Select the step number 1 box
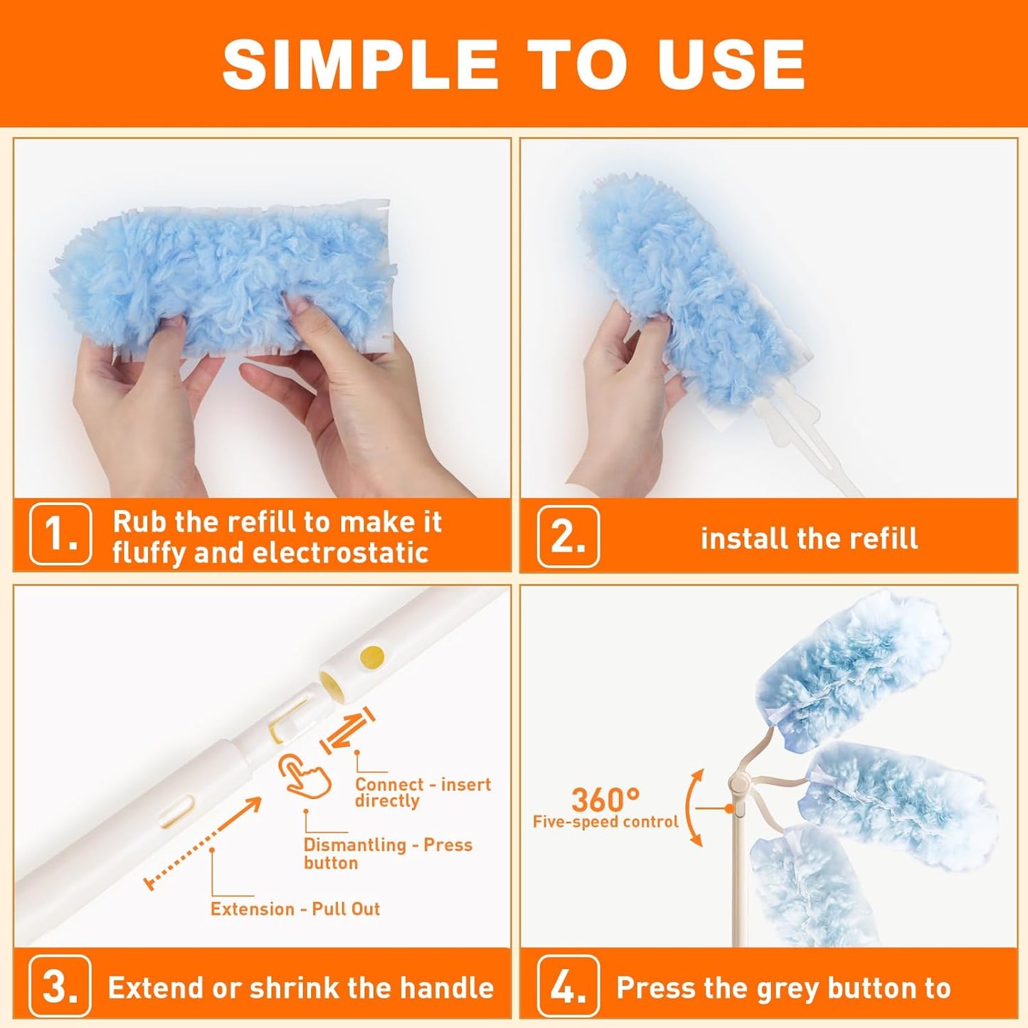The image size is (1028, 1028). point(60,534)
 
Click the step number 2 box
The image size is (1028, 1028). point(568,536)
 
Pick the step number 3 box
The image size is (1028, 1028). point(60,987)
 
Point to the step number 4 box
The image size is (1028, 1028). point(568,987)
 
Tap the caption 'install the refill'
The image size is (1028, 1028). point(809,539)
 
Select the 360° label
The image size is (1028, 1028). point(605,800)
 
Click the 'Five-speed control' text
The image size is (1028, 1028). point(605,822)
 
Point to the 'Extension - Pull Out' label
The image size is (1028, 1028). point(295,909)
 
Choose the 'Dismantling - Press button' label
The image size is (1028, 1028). point(387,854)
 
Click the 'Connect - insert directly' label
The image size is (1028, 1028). point(423,793)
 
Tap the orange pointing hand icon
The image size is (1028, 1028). point(306,776)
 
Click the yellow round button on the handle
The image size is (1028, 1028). point(371,655)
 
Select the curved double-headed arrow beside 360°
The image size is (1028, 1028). point(694,807)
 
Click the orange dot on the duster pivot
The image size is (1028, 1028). point(729,808)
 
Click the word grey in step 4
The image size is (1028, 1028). point(788,988)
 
